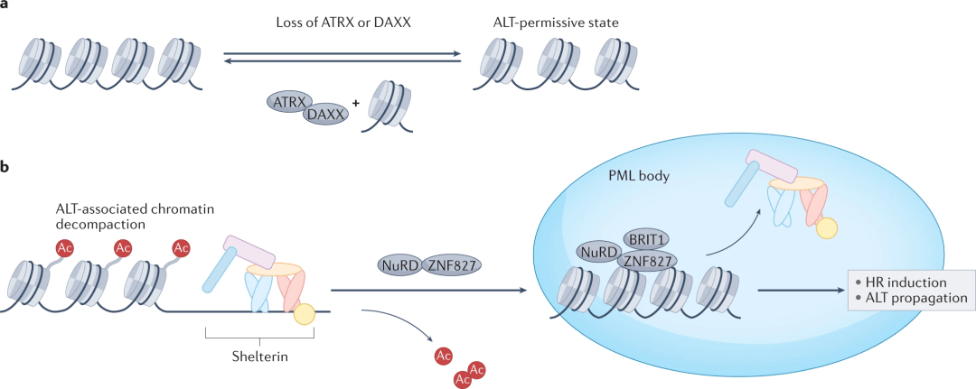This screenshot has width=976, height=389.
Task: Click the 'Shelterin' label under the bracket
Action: tap(259, 355)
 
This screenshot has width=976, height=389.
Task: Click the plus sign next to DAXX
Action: tap(355, 104)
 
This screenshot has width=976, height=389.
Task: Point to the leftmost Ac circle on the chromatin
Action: tap(64, 247)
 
